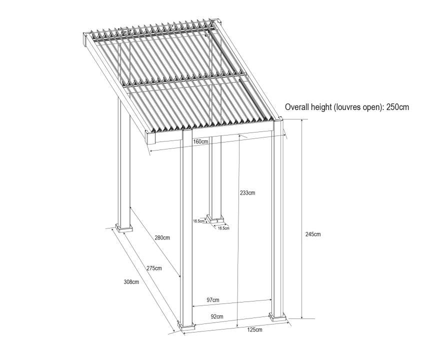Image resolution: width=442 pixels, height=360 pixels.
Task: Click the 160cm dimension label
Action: tap(200, 141)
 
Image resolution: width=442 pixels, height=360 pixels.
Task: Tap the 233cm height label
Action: tap(247, 193)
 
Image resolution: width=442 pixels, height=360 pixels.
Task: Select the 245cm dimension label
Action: tap(313, 234)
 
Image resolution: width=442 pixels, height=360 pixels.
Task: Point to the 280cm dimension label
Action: tap(162, 237)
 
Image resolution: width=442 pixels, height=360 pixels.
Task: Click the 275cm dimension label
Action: tap(154, 268)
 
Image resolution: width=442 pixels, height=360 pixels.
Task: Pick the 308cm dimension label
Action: tap(131, 281)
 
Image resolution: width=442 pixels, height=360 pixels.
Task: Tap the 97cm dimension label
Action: tap(212, 300)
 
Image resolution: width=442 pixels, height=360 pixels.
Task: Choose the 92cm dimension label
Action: tap(217, 316)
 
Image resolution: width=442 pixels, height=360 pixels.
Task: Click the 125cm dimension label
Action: tap(254, 329)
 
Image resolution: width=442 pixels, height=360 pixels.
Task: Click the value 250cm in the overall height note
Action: tap(397, 107)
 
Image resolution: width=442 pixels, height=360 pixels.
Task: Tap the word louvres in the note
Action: tap(345, 107)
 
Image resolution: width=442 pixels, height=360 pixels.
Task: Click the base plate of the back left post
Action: tap(123, 228)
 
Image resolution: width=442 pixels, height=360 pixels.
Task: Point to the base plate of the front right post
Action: tap(277, 317)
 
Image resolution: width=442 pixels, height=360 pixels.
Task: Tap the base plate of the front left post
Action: tap(186, 326)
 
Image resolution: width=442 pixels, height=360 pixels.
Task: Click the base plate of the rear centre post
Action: tap(215, 218)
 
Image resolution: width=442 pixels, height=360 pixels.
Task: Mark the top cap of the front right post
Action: tap(278, 119)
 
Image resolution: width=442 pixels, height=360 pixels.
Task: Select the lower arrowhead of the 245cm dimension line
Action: tap(302, 317)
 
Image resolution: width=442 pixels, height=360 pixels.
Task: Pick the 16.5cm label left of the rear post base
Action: tap(198, 221)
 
